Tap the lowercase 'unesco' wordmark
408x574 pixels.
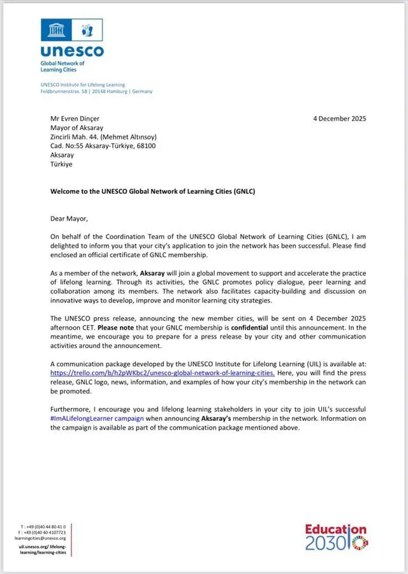(x=71, y=52)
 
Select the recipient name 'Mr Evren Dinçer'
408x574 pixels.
(x=75, y=119)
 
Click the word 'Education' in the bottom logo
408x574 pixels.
(x=335, y=530)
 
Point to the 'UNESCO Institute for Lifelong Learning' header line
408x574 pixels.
(x=82, y=85)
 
